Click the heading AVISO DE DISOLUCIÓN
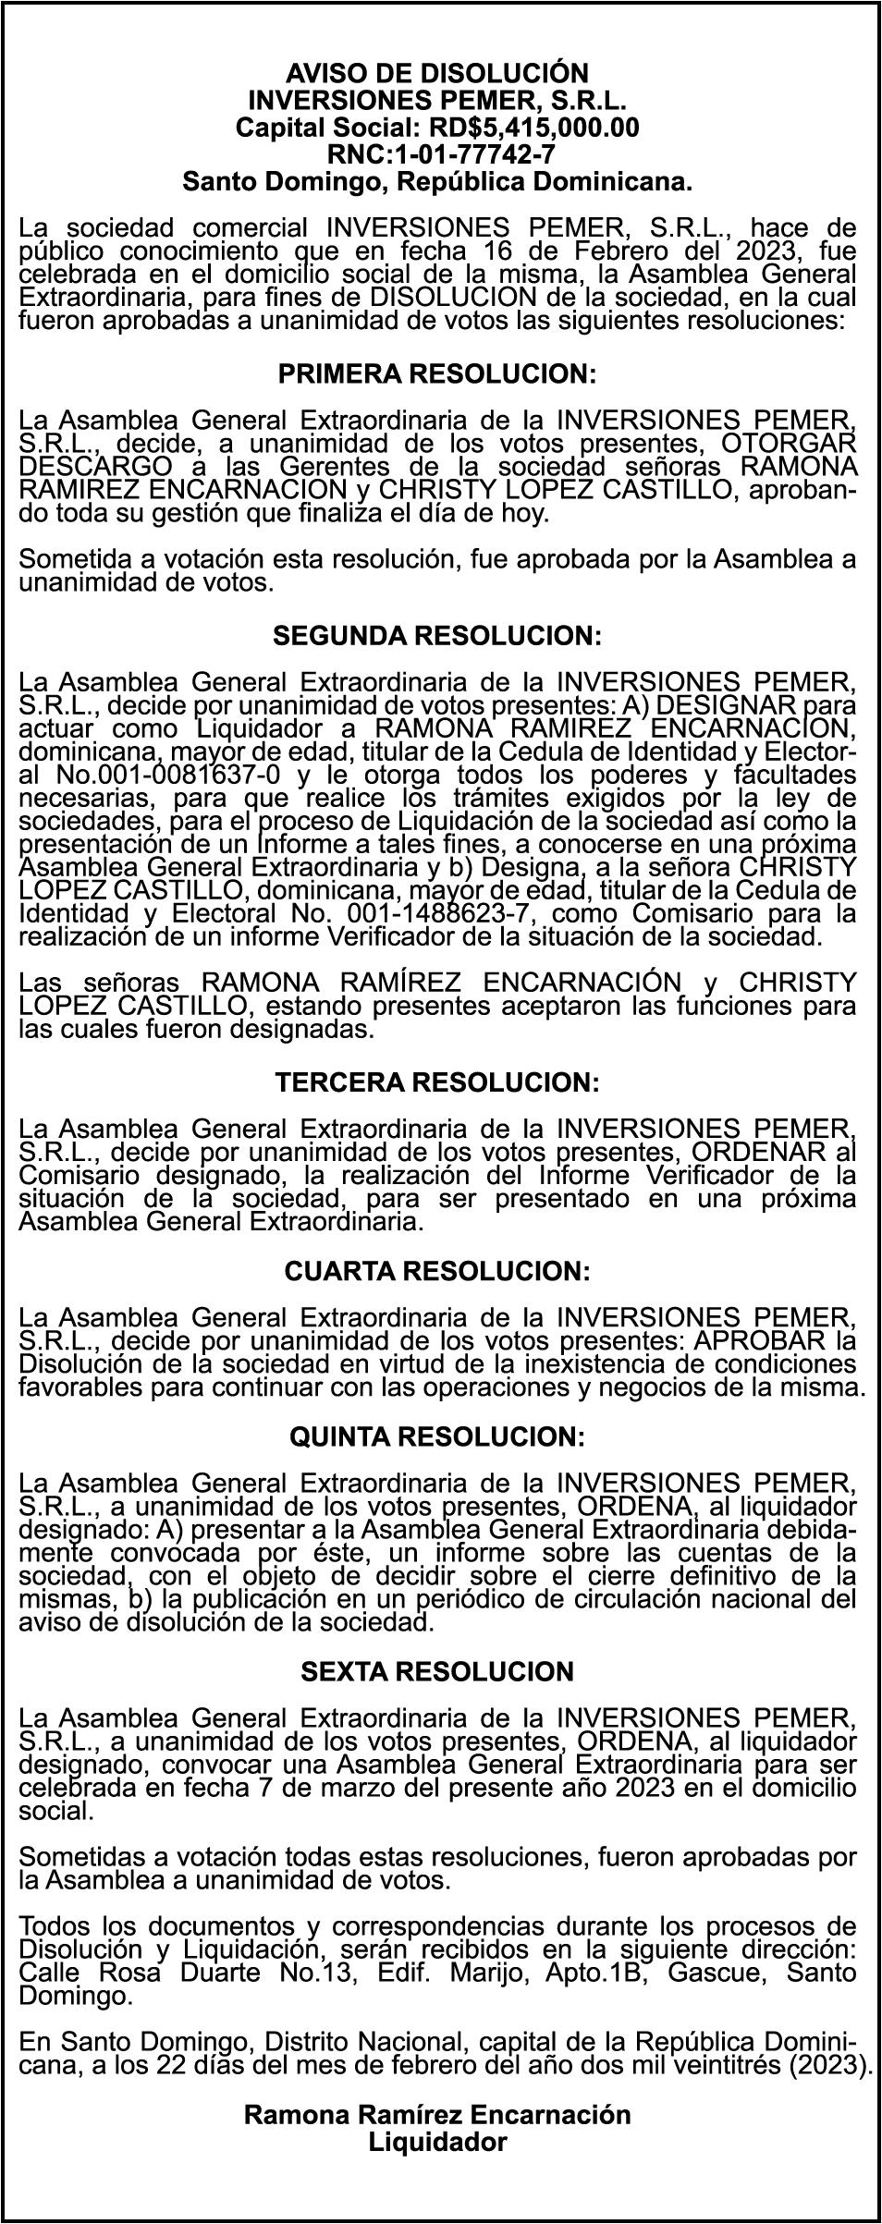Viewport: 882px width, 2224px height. [x=436, y=73]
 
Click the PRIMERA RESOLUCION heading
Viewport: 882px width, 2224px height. [x=436, y=374]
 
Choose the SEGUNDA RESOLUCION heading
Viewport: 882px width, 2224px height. [x=436, y=636]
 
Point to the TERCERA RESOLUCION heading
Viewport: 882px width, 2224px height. [x=436, y=1081]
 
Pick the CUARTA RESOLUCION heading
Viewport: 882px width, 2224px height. [x=436, y=1272]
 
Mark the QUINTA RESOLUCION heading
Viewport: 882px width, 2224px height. [x=436, y=1436]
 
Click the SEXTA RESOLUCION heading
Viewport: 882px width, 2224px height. [x=436, y=1671]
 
